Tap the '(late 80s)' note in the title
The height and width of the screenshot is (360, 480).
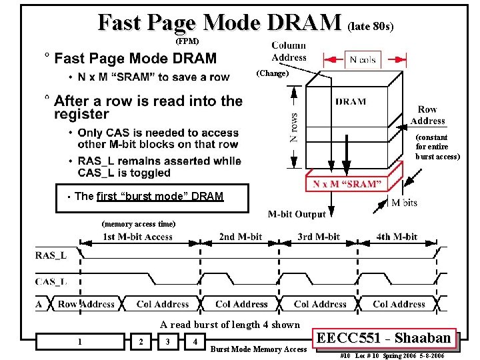click(x=371, y=27)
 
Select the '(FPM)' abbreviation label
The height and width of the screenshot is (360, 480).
click(x=187, y=41)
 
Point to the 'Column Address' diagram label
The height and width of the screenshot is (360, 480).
click(x=289, y=51)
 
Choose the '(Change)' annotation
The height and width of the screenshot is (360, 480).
click(x=272, y=73)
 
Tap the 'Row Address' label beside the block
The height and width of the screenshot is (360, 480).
click(x=427, y=115)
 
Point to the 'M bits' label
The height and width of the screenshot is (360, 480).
click(x=404, y=202)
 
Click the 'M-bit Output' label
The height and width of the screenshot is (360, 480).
click(x=297, y=214)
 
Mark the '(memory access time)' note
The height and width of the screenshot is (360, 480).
click(x=138, y=224)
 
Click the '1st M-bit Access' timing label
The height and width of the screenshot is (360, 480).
click(x=137, y=237)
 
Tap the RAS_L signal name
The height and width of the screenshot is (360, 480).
click(x=51, y=254)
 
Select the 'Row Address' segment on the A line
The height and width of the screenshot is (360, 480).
click(x=86, y=304)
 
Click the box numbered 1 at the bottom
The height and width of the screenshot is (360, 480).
click(x=80, y=342)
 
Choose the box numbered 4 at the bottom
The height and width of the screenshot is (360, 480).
click(x=195, y=342)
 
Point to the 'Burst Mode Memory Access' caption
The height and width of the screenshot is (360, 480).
click(x=259, y=349)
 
